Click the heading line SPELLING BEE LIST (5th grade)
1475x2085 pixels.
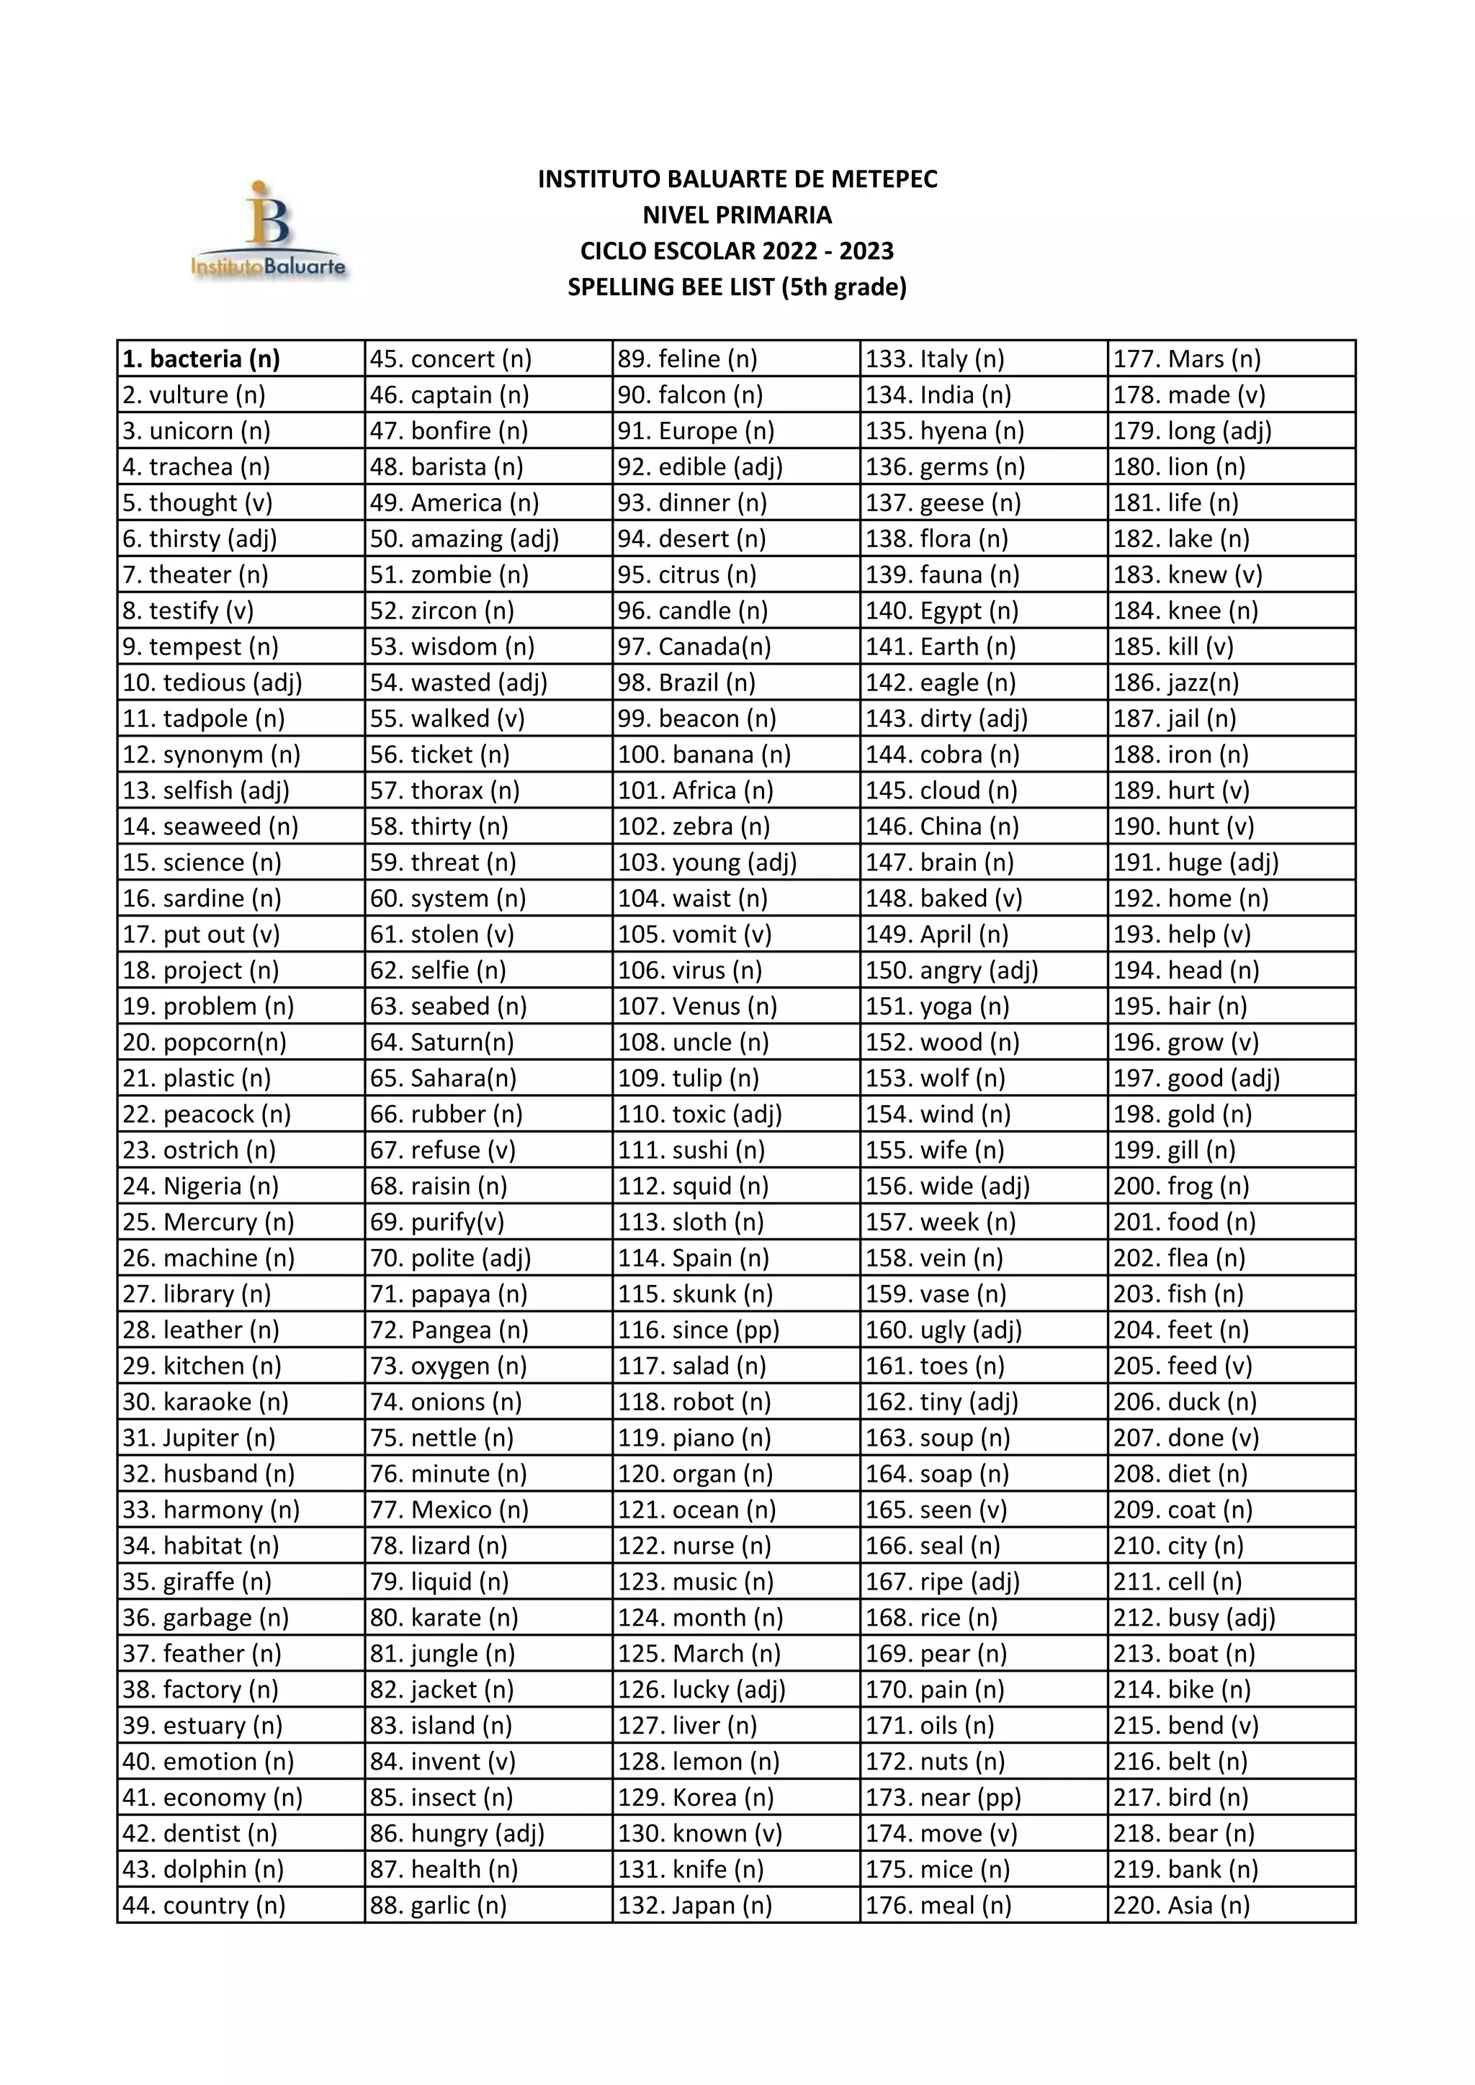[x=737, y=287]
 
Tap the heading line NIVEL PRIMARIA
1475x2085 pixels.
[x=737, y=215]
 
